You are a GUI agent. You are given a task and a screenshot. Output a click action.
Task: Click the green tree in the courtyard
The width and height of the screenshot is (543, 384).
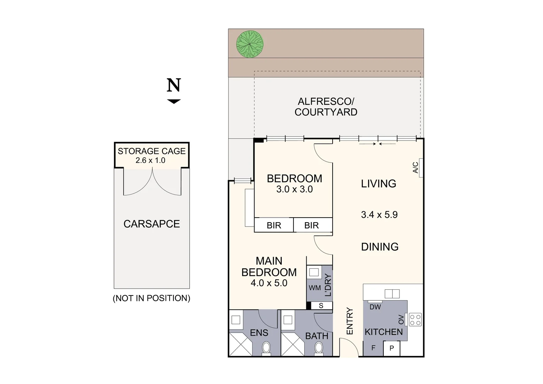tap(250, 44)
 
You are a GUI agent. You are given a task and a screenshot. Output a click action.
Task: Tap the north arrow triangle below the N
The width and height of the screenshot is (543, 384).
tap(174, 101)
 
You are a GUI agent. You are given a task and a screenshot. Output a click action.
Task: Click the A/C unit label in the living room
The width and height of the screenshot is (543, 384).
tap(415, 167)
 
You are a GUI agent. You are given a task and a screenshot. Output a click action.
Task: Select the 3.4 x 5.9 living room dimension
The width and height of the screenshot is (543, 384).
tap(379, 215)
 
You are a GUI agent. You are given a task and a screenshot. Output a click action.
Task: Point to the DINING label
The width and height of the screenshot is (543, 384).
tap(380, 247)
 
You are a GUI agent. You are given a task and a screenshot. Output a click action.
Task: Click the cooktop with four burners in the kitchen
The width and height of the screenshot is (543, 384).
tap(415, 320)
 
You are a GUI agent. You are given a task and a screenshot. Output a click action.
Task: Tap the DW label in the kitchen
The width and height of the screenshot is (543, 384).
tap(375, 307)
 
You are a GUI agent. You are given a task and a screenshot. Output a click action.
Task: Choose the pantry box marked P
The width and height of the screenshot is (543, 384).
tap(392, 348)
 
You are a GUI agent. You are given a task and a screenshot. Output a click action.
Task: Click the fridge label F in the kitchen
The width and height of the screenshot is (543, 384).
tap(373, 348)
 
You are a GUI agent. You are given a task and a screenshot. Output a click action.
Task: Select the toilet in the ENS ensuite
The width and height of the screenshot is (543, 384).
tap(266, 348)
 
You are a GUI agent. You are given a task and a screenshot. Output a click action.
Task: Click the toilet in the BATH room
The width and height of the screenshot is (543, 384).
tap(318, 348)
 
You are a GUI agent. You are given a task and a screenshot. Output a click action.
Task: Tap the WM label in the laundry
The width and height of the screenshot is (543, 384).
tap(314, 288)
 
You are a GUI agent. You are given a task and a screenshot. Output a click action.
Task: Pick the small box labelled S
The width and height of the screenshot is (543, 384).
tap(322, 306)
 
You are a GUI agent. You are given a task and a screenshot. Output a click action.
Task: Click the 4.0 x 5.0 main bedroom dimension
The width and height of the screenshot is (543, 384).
tap(269, 283)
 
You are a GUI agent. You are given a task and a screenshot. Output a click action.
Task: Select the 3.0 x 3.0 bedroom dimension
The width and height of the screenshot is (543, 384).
tap(295, 189)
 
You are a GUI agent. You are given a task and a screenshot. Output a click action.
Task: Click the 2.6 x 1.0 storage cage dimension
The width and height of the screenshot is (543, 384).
tap(150, 160)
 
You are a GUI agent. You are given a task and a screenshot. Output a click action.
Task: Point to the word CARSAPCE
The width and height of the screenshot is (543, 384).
tap(152, 224)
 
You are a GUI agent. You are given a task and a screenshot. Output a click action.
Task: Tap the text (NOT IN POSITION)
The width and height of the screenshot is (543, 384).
tap(151, 298)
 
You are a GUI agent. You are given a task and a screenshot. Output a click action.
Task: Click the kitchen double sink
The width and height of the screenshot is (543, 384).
tap(392, 294)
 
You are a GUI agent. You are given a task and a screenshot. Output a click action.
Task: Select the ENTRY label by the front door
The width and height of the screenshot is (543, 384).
tap(350, 321)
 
